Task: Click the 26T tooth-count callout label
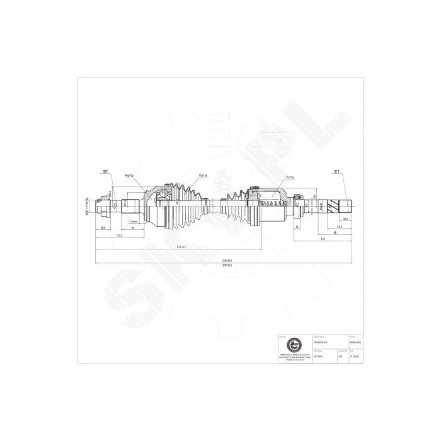105,171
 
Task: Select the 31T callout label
338,171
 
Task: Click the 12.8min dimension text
133,221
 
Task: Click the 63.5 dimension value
339,226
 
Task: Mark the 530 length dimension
322,240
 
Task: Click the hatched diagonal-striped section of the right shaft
346,205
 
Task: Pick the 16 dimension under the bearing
297,226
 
